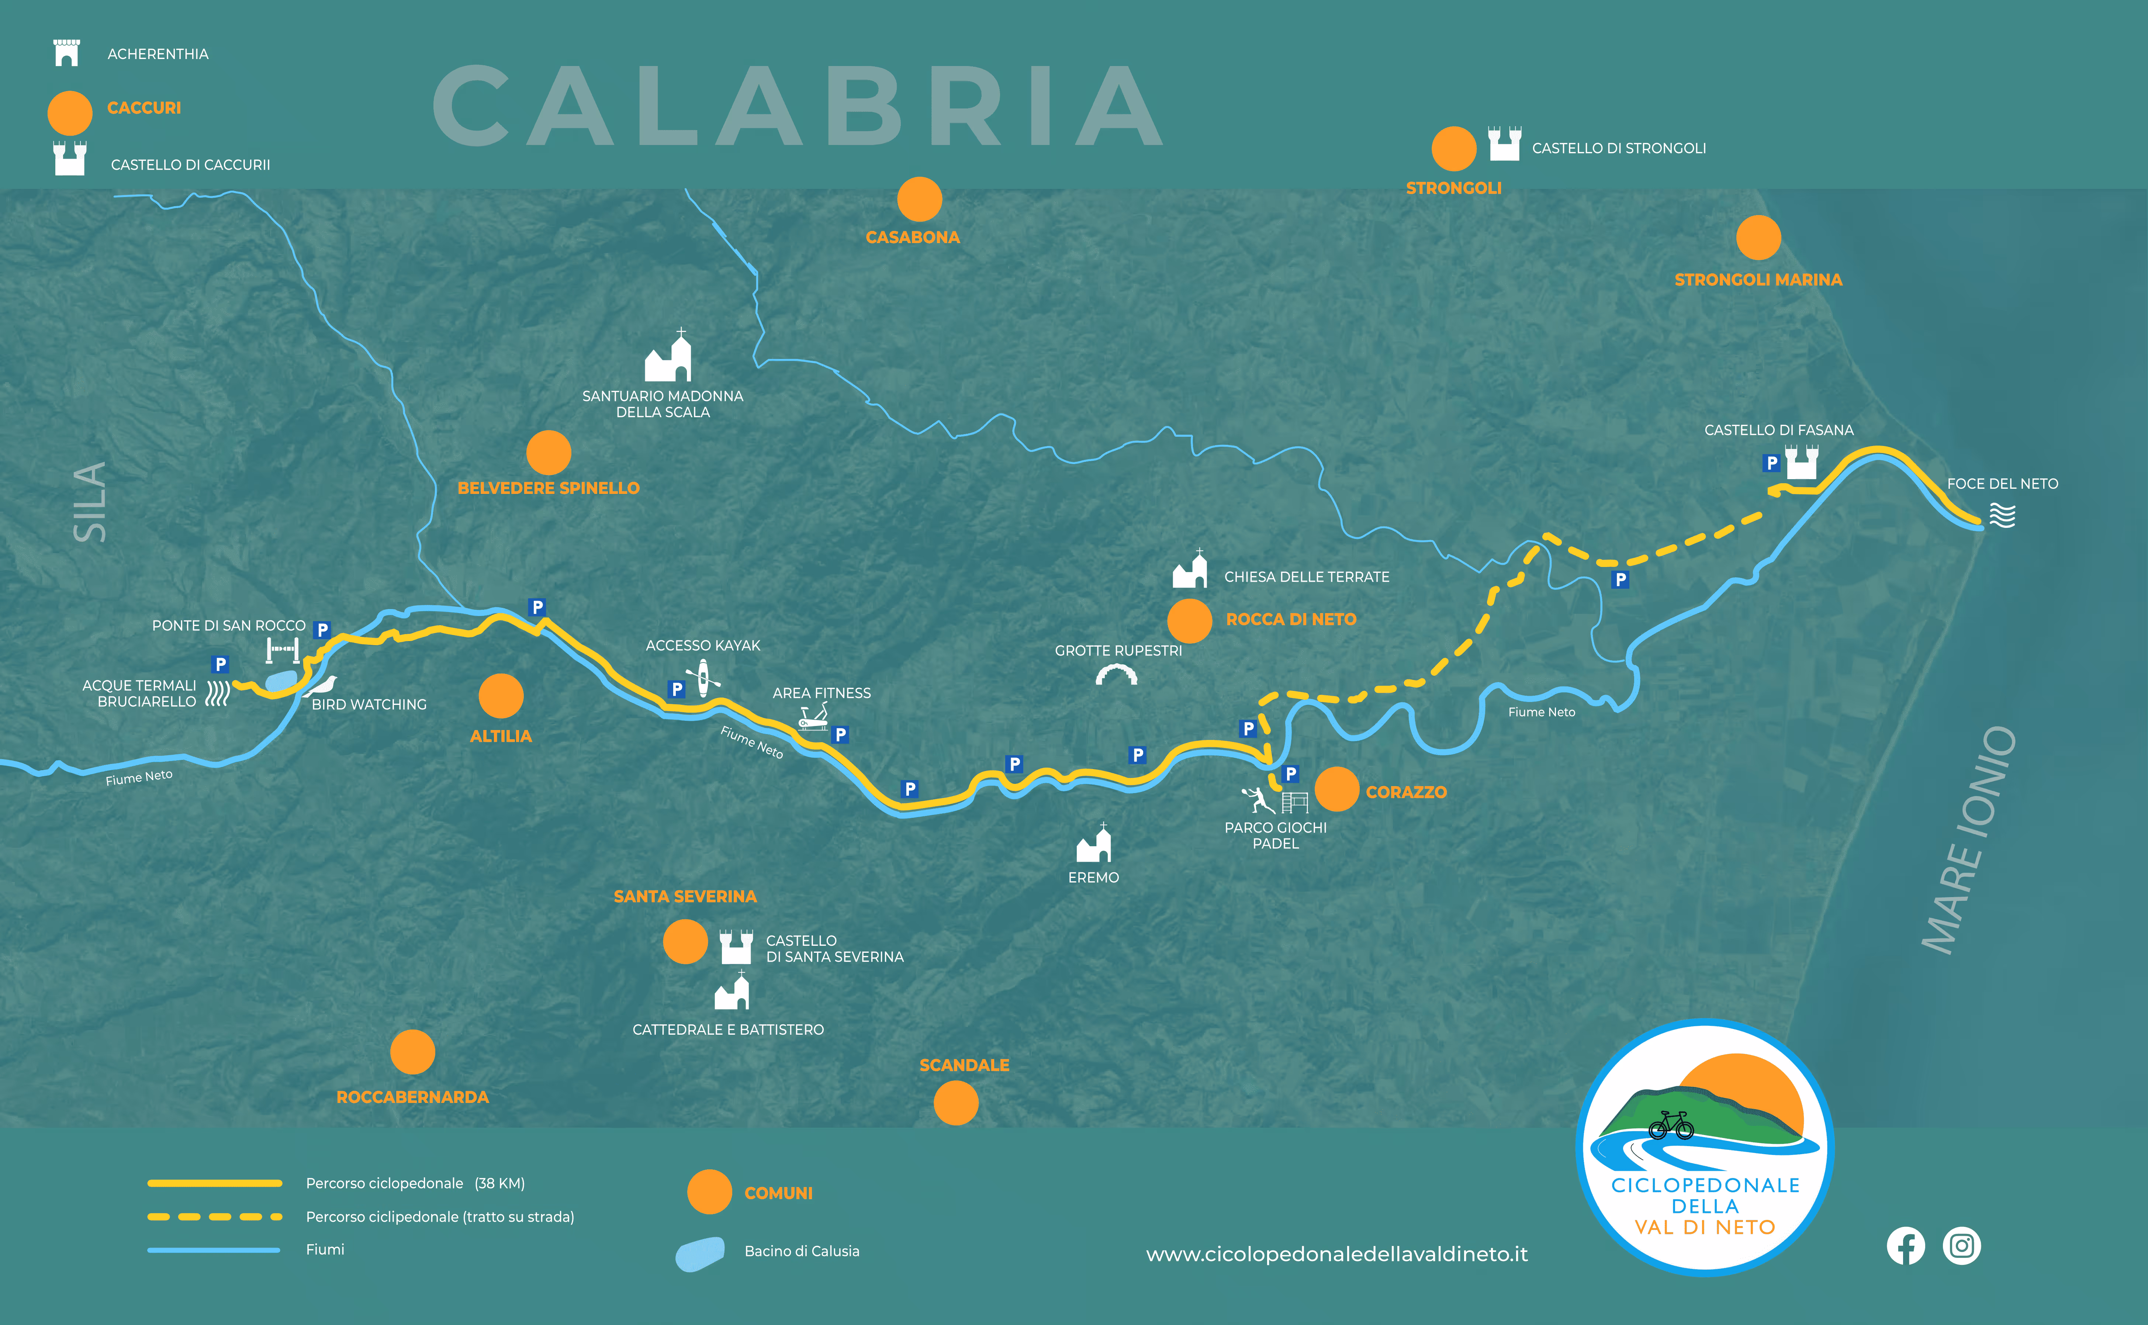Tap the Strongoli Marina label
[x=1758, y=280]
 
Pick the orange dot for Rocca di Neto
[x=1189, y=620]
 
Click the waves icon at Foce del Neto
[x=2003, y=515]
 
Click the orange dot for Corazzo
[x=1336, y=789]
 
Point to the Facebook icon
[x=1905, y=1245]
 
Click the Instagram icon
[x=1961, y=1245]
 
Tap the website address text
[x=1336, y=1254]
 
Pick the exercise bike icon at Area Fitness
[x=812, y=719]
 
